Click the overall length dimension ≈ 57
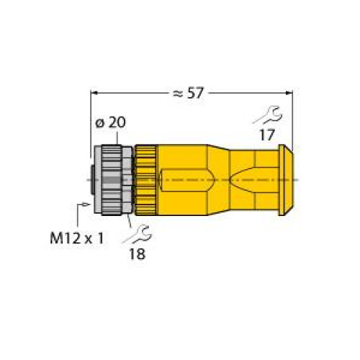(188, 93)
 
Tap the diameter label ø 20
(111, 122)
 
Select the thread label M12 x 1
(77, 238)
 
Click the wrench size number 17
(267, 135)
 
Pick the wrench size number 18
(138, 254)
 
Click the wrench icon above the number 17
(268, 115)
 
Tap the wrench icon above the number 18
(137, 234)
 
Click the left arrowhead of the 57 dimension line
(94, 93)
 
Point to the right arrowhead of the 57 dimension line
(289, 93)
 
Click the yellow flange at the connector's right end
(286, 180)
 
